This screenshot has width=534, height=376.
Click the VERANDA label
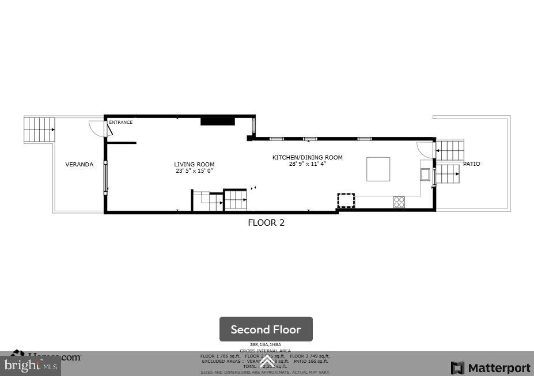(x=79, y=165)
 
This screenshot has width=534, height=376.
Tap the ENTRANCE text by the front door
(x=121, y=122)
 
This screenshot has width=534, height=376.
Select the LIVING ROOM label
(x=194, y=165)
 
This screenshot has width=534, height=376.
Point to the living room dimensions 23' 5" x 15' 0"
(x=194, y=171)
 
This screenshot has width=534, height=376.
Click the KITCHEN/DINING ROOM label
(x=307, y=158)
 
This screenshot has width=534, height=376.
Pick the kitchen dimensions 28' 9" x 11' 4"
(x=307, y=164)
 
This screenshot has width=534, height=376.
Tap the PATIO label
(x=471, y=164)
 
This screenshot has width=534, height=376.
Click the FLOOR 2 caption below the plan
(x=266, y=223)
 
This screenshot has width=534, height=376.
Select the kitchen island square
(x=378, y=169)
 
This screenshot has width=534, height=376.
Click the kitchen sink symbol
(x=425, y=174)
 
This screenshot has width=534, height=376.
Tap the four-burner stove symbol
(x=399, y=202)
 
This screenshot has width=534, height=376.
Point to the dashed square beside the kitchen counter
(x=346, y=200)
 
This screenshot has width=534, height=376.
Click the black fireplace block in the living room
(x=217, y=121)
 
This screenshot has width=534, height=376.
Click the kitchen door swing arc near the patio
(x=425, y=149)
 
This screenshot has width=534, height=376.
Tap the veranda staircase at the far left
(x=39, y=130)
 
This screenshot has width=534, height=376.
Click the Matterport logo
(x=490, y=368)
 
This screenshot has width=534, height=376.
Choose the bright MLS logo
(x=31, y=365)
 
